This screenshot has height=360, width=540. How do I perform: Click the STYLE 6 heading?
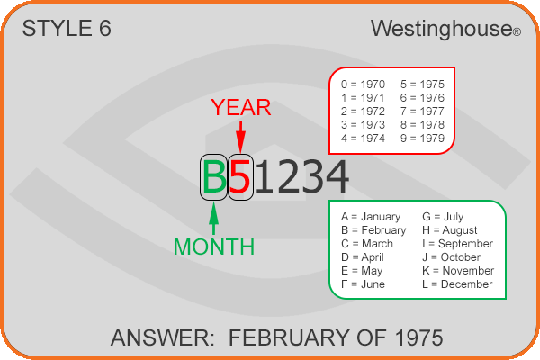(67, 28)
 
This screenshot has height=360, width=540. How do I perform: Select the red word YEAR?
(241, 107)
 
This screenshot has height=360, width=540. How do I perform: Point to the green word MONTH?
(214, 247)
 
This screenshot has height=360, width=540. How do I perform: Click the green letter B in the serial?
(214, 177)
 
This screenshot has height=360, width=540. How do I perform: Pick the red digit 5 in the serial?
(239, 177)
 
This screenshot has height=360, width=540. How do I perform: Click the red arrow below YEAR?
(240, 137)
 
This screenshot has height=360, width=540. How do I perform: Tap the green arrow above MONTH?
(214, 219)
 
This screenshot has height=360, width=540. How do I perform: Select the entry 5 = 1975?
(422, 84)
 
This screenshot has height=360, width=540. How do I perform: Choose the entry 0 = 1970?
(363, 84)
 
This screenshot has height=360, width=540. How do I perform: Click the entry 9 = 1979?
(422, 138)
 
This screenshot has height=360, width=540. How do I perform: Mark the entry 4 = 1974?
(363, 138)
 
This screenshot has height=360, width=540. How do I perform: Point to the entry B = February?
(373, 230)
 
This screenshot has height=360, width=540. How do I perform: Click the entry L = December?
(457, 284)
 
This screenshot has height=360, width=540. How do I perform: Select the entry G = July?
(443, 217)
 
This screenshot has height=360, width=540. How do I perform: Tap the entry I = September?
(458, 244)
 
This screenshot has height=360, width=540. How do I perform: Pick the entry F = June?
(363, 284)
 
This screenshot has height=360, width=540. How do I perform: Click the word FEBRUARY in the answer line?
(291, 337)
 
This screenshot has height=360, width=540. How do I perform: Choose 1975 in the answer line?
(418, 337)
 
